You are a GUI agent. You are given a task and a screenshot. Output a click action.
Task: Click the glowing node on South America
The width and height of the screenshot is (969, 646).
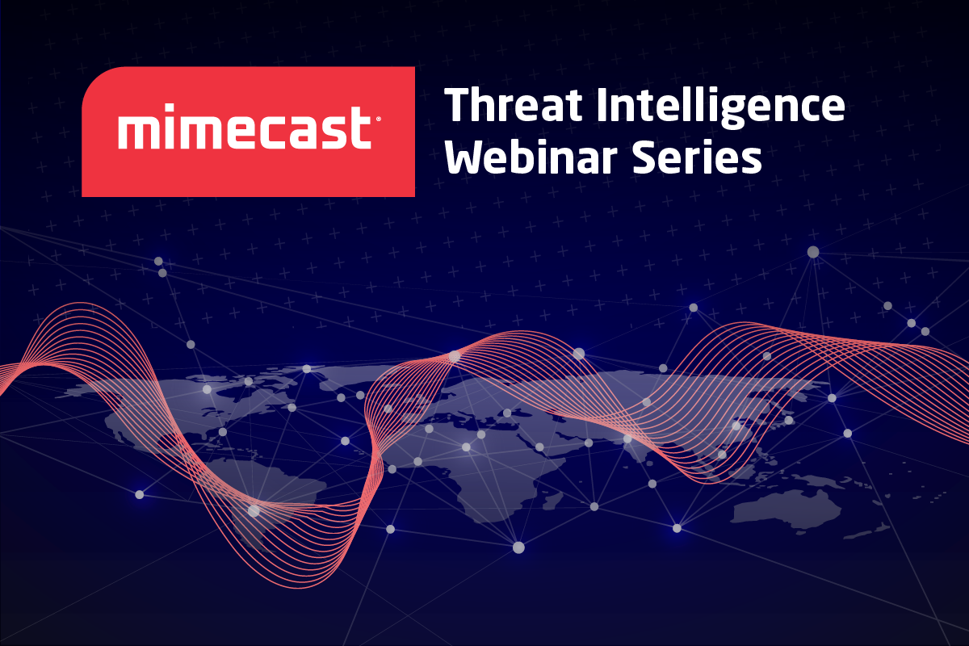click(x=254, y=511)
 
